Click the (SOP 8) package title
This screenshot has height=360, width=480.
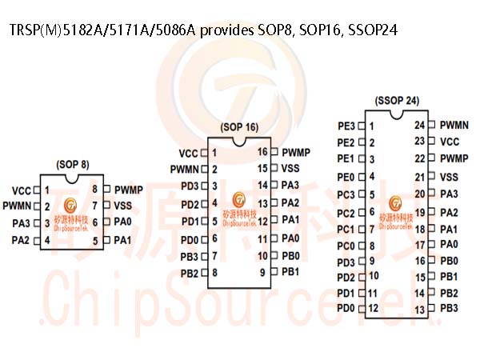[73, 165]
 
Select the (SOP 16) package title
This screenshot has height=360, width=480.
[239, 127]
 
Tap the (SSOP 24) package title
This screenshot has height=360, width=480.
[397, 101]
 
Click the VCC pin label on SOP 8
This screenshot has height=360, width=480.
[22, 191]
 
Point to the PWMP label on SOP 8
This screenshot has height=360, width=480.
[129, 190]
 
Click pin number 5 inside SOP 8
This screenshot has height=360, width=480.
[95, 241]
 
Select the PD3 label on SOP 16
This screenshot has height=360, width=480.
[190, 186]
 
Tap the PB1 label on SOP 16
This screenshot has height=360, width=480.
[290, 272]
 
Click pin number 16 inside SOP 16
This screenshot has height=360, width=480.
[262, 152]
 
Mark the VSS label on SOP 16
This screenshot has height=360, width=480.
[290, 168]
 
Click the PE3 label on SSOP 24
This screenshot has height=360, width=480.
[346, 126]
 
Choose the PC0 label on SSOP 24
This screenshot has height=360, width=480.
[346, 246]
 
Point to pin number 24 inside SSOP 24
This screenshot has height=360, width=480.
[420, 125]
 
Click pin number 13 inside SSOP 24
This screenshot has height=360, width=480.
[420, 310]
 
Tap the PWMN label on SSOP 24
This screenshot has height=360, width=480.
[454, 125]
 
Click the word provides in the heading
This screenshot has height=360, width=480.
[227, 30]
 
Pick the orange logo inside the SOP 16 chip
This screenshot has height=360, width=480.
[238, 199]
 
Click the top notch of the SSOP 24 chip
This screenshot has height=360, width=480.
[397, 114]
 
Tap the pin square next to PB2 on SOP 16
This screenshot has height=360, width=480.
[205, 273]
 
